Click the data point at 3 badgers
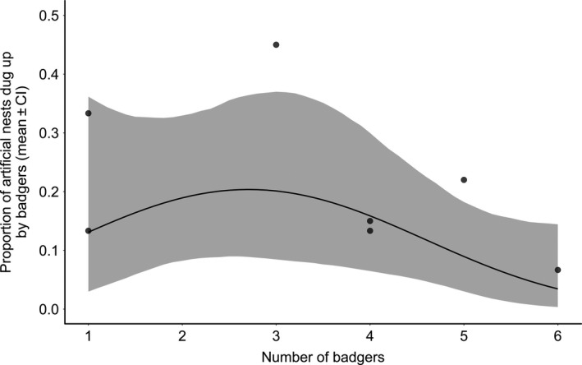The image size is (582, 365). pyautogui.click(x=276, y=44)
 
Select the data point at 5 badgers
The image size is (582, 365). pyautogui.click(x=464, y=180)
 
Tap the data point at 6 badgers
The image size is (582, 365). pyautogui.click(x=557, y=270)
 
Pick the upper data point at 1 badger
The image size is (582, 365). pyautogui.click(x=88, y=113)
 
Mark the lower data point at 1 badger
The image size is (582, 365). pyautogui.click(x=88, y=231)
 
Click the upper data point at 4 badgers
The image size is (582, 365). pyautogui.click(x=370, y=220)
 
